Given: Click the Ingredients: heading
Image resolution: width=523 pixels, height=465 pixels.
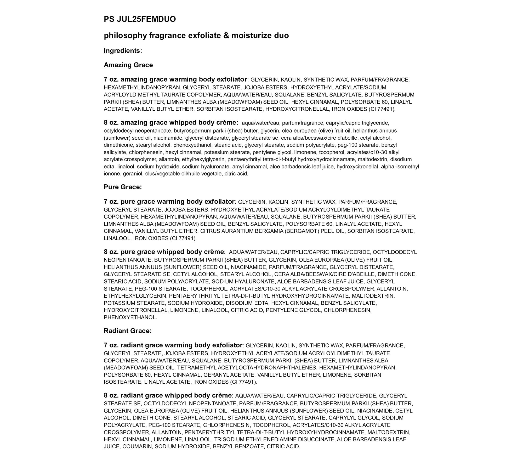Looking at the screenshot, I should click(123, 51).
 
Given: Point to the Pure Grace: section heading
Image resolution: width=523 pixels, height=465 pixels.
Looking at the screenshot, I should click(123, 187).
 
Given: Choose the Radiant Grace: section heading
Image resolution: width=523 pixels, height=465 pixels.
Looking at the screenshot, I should click(128, 331).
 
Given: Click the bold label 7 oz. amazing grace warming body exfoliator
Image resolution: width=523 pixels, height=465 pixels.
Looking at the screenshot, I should click(175, 80).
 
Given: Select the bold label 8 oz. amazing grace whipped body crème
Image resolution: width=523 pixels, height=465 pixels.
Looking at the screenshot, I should click(171, 123).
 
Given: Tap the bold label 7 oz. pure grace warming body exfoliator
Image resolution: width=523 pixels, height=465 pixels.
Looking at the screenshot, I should click(169, 202).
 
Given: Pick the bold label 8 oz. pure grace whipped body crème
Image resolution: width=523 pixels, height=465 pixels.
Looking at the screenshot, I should click(164, 252).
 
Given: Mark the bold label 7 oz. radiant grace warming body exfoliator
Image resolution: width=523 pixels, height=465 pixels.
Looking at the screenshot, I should click(173, 345).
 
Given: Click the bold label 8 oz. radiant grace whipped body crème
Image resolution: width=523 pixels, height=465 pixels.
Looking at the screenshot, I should click(168, 395).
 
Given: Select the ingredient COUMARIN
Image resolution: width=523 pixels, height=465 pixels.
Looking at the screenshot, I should click(137, 446).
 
